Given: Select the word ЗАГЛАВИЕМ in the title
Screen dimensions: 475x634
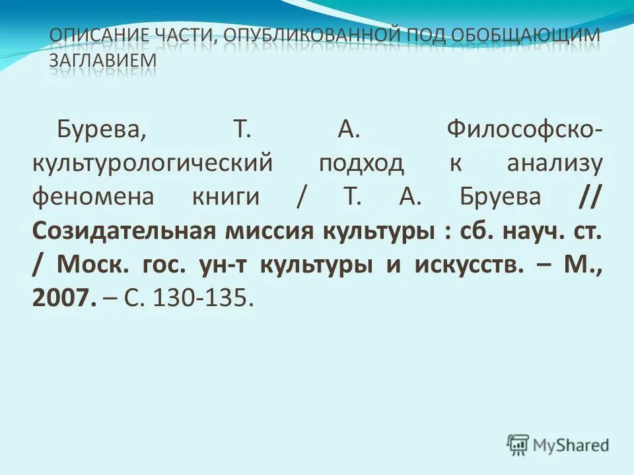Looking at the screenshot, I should coord(103,59).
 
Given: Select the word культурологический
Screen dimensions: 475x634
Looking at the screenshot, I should coord(152,162).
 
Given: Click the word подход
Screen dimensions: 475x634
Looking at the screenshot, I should coord(361,162).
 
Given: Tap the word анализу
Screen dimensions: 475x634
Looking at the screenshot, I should coord(554,162).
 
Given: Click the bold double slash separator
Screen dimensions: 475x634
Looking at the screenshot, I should coord(590,197).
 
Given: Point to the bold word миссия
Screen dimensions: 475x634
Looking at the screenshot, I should coord(278,231).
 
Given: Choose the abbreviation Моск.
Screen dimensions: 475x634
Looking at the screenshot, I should coord(92,265).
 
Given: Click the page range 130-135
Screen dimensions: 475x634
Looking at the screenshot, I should coord(202,299).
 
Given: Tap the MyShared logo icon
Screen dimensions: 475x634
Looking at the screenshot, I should coord(518,445).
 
